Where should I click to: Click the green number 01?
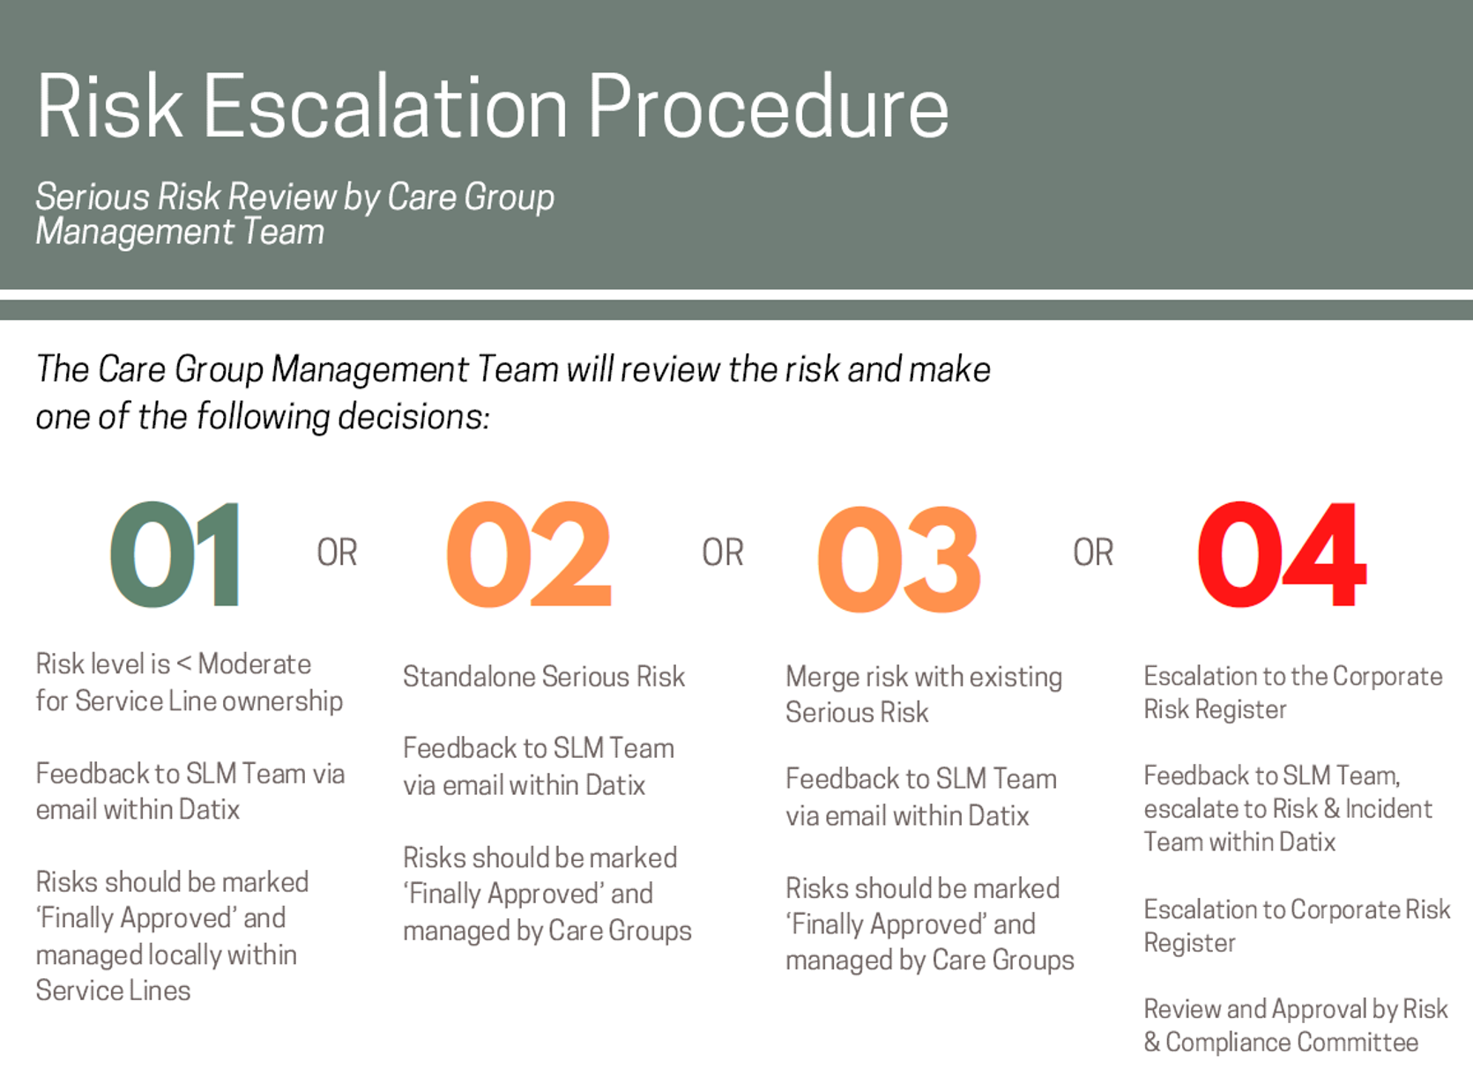tap(175, 553)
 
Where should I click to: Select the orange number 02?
tap(529, 553)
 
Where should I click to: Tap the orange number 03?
tap(899, 558)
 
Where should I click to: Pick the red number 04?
tap(1282, 553)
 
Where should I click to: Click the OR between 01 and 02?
tap(338, 553)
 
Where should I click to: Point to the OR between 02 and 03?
tap(723, 553)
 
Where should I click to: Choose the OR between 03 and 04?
tap(1093, 553)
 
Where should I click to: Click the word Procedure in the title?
tap(769, 107)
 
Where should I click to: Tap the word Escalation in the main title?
tap(386, 107)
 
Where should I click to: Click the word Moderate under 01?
tap(255, 664)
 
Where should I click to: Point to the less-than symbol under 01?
tap(184, 664)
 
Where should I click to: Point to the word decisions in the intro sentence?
tap(413, 417)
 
